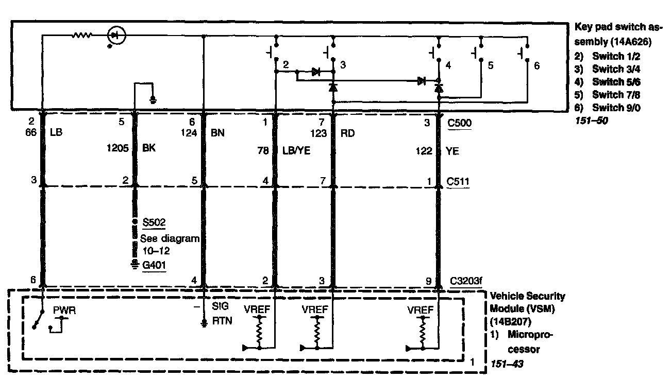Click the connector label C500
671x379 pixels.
tap(460, 124)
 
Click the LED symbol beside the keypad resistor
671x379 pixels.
tap(115, 36)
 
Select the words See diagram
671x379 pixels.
tap(170, 238)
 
